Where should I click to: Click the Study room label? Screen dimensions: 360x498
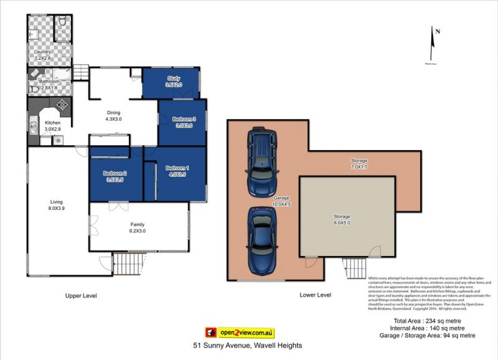pos(174,78)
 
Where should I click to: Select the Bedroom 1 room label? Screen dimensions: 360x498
pos(178,168)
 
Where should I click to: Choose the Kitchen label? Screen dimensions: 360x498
pos(53,123)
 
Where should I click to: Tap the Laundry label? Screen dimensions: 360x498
pos(43,52)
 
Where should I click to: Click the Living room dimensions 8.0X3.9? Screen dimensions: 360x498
pos(57,208)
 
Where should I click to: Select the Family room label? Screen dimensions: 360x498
pos(137,224)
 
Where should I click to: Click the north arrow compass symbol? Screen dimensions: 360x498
pos(436,45)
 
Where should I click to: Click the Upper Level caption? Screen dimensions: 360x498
pos(82,295)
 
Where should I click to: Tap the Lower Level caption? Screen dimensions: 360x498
pos(316,295)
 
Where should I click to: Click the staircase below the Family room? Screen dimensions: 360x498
pos(128,263)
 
